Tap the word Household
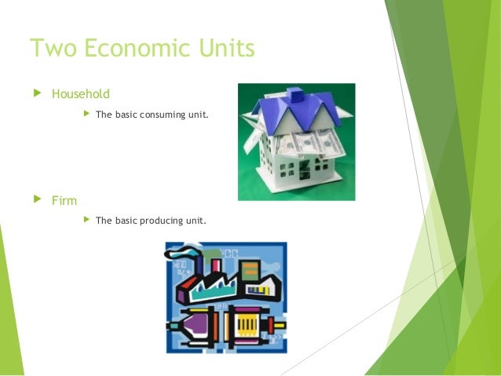[x=81, y=94]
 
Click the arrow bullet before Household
[x=34, y=94]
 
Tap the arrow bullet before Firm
[x=34, y=200]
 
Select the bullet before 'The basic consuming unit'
[x=86, y=115]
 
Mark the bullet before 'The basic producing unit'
[x=86, y=221]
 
